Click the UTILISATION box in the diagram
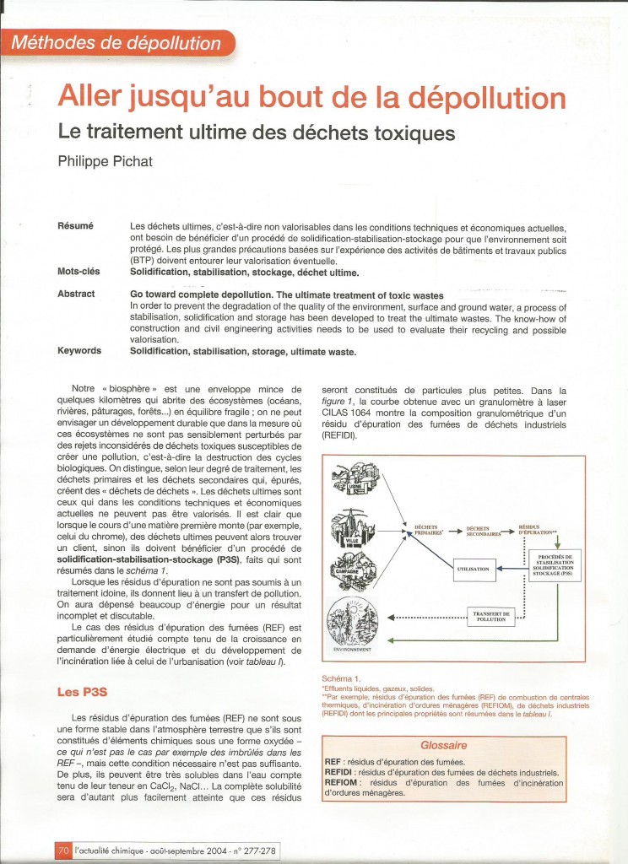point(472,569)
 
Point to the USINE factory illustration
point(360,480)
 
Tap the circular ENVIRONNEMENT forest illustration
point(360,621)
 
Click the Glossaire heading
point(443,745)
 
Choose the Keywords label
point(79,350)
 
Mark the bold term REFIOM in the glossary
point(343,784)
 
